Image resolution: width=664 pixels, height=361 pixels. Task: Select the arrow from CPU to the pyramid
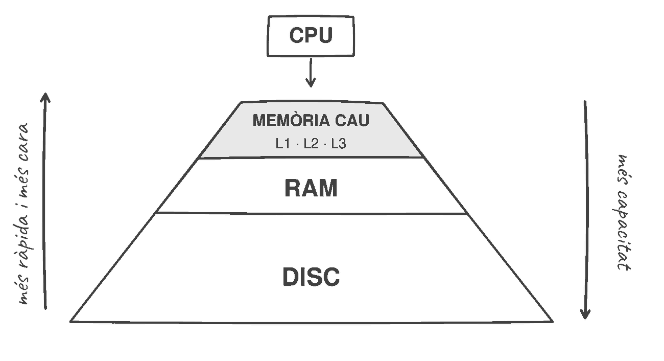[x=311, y=73]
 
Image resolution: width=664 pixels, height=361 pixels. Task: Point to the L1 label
[x=283, y=144]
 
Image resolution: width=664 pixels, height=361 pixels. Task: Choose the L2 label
[x=311, y=144]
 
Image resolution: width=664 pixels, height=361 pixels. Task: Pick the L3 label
[x=339, y=144]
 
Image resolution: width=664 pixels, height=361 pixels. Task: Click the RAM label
[x=311, y=188]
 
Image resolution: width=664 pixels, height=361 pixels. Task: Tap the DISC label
[x=311, y=277]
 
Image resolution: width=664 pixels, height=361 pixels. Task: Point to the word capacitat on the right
[x=623, y=231]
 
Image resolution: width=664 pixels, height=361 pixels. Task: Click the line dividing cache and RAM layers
[x=311, y=157]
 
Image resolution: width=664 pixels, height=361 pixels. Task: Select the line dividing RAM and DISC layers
[x=311, y=213]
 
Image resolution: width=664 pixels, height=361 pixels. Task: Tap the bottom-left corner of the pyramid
[x=70, y=321]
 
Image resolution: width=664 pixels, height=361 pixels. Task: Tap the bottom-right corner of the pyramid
[x=553, y=322]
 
